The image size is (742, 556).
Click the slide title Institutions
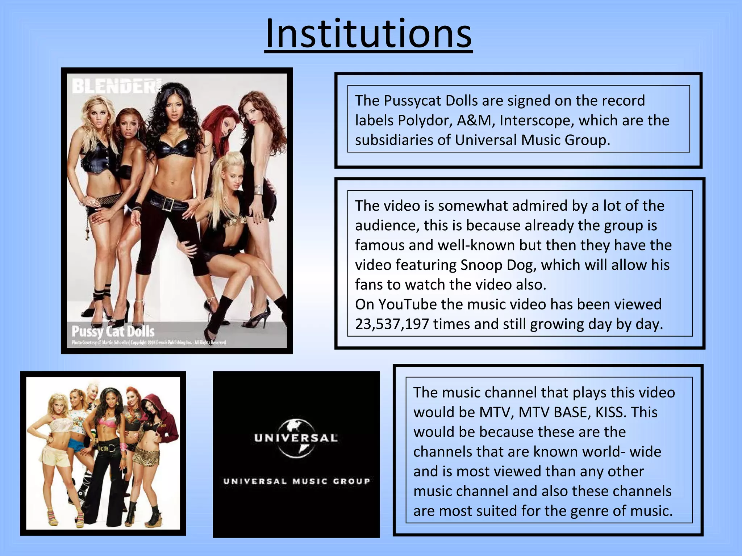click(368, 34)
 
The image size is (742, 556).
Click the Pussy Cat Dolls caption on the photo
click(113, 331)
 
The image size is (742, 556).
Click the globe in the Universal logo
click(296, 438)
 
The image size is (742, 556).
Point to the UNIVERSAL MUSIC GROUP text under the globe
click(296, 481)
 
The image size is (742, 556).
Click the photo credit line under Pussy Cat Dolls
click(149, 342)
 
